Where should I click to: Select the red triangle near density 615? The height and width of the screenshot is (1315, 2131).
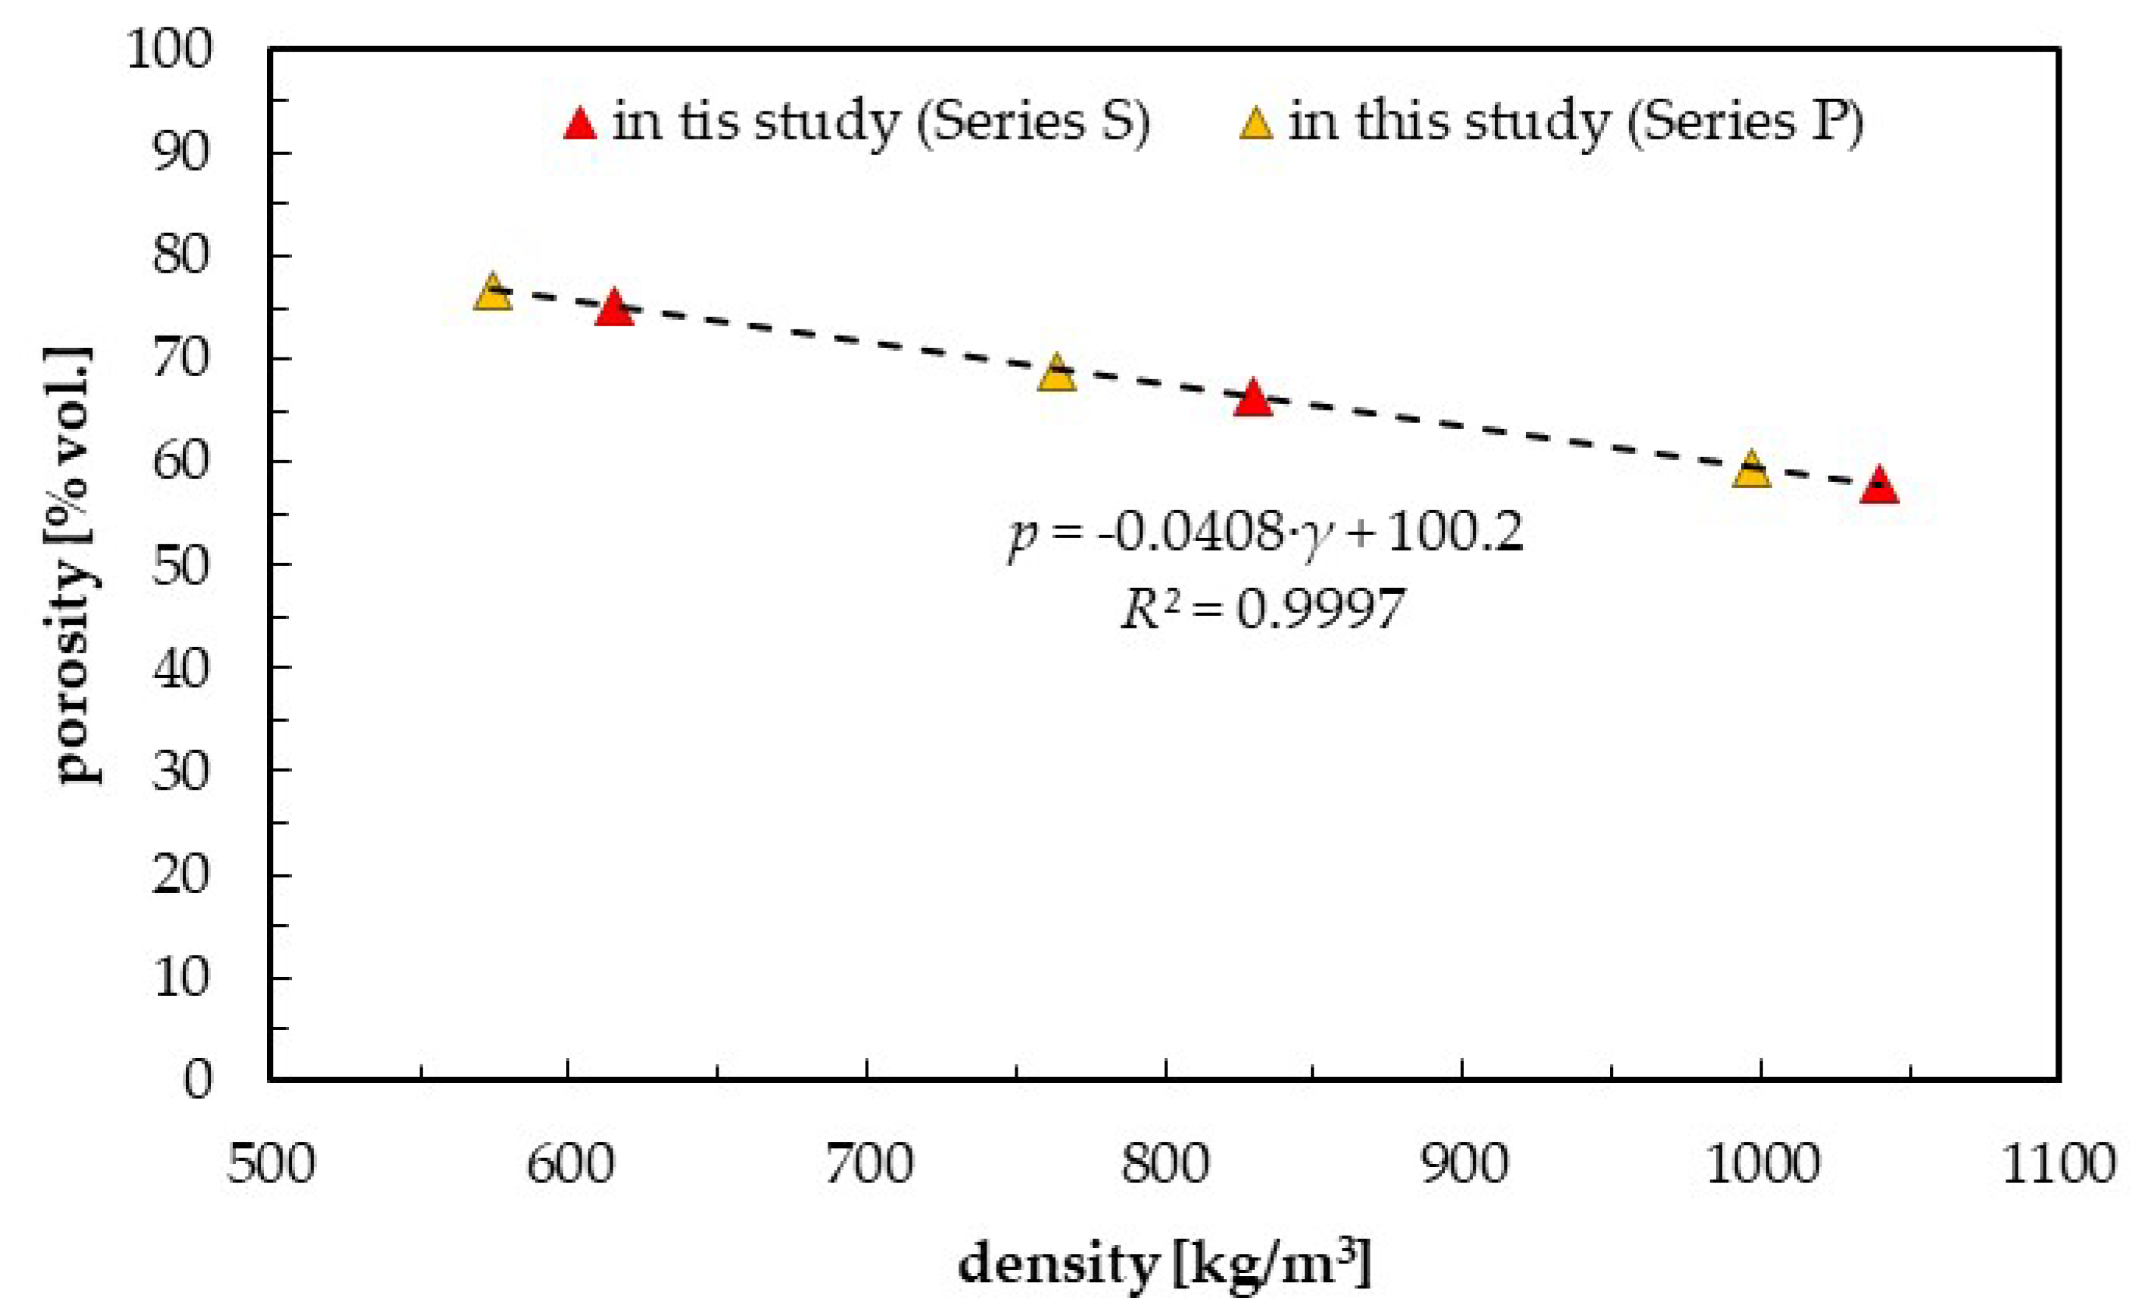(614, 309)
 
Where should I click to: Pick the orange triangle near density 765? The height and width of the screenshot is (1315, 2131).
(1056, 374)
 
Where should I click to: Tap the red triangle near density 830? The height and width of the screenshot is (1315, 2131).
(1253, 399)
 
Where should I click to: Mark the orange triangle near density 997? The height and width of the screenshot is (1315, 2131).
(1751, 471)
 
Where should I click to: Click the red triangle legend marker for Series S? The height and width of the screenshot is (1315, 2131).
(580, 125)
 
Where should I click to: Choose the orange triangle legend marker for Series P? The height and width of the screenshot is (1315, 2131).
(1255, 125)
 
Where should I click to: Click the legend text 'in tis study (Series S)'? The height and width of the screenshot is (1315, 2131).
(881, 121)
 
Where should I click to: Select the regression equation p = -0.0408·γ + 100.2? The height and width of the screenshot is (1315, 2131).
(1265, 533)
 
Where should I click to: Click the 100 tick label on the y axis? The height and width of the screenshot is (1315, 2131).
(169, 50)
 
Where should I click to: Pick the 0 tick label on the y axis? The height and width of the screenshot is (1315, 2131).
(198, 1080)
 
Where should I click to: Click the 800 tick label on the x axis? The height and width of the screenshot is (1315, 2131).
(1165, 1164)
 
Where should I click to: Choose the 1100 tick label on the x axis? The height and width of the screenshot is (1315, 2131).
(2059, 1164)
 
